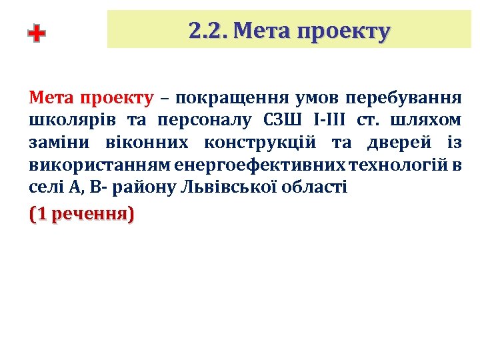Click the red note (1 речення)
point(82,215)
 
